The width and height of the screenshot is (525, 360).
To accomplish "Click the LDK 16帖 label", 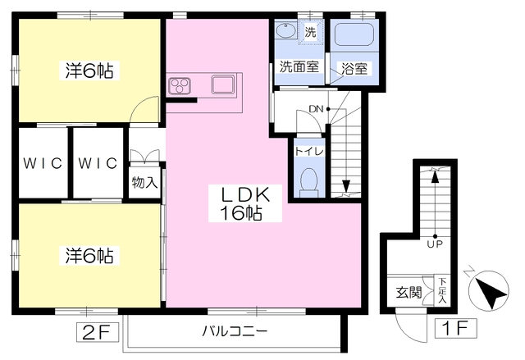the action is pyautogui.click(x=245, y=203).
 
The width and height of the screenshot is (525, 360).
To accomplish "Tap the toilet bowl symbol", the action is pyautogui.click(x=308, y=183).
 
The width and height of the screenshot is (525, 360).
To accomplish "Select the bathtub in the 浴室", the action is pyautogui.click(x=354, y=34).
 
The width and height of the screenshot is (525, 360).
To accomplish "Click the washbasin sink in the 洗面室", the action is pyautogui.click(x=285, y=30).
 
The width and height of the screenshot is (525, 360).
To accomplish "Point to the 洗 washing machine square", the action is pyautogui.click(x=310, y=32).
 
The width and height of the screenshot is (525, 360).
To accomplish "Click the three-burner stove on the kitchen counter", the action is pyautogui.click(x=180, y=85).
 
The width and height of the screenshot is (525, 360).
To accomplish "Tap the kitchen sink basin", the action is pyautogui.click(x=222, y=84).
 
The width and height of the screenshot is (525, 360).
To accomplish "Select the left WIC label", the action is pyautogui.click(x=43, y=163).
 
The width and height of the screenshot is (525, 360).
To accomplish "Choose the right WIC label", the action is pyautogui.click(x=98, y=163).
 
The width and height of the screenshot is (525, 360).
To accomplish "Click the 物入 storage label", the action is pyautogui.click(x=144, y=183).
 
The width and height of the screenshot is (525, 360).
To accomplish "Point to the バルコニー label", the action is pyautogui.click(x=234, y=331).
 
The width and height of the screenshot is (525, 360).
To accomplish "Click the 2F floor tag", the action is pyautogui.click(x=97, y=332).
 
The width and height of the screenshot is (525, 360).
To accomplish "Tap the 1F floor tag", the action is pyautogui.click(x=456, y=328).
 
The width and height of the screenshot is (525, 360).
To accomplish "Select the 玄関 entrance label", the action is pyautogui.click(x=409, y=293).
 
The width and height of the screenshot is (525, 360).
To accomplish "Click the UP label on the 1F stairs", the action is pyautogui.click(x=435, y=244).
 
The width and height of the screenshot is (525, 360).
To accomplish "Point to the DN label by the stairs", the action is pyautogui.click(x=316, y=109).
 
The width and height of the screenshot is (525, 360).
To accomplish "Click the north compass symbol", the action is pyautogui.click(x=488, y=289).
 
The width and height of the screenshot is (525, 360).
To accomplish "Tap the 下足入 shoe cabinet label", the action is pyautogui.click(x=443, y=290).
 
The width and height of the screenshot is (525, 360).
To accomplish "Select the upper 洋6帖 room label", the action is pyautogui.click(x=89, y=71).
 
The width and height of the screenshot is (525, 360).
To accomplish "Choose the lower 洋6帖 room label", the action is pyautogui.click(x=89, y=256).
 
